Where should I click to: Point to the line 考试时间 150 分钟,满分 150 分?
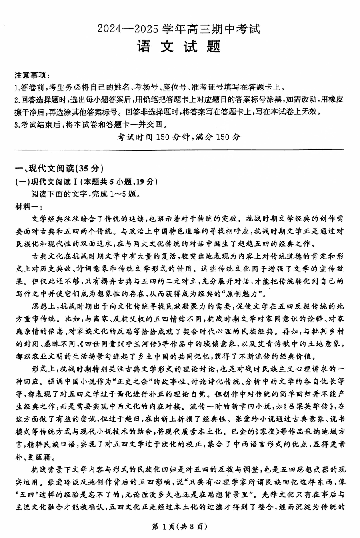[179, 137]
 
